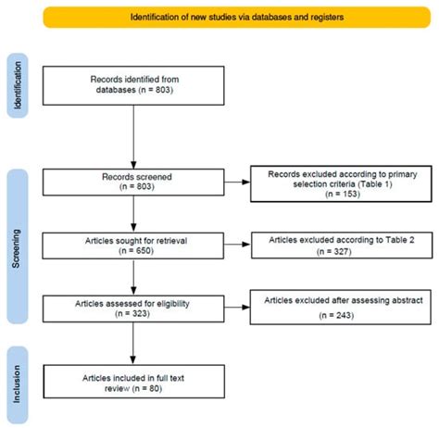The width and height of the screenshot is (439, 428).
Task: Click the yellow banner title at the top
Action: pos(237,17)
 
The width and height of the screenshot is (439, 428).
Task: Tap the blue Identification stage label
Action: pos(18,85)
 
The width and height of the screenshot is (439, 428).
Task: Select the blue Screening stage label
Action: pos(18,246)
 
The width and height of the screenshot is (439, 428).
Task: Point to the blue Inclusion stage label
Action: pos(18,384)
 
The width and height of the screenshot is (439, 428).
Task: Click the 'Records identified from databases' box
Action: pos(133,85)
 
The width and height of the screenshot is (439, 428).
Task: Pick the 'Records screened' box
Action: pos(133,183)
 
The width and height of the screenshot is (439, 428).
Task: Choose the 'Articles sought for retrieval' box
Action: pos(133,245)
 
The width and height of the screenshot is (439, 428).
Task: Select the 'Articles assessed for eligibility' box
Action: pos(133,308)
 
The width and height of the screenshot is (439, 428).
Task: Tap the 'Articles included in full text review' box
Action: pos(134,382)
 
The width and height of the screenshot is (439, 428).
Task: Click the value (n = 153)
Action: pos(343,194)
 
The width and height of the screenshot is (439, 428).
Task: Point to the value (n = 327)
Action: pos(334,251)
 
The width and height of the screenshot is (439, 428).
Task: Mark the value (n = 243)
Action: pos(336,315)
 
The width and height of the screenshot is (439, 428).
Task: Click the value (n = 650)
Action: pos(136,250)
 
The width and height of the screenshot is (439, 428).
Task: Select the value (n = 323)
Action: pos(132,313)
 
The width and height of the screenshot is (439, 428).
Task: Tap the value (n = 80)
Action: pos(147,388)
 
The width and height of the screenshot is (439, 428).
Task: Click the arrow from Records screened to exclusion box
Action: pos(237,183)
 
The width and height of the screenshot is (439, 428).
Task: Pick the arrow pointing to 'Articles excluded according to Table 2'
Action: pos(237,245)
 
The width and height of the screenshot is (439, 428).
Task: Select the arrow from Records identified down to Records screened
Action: pos(133,137)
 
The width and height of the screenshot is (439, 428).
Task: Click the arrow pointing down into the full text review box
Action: pos(133,344)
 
